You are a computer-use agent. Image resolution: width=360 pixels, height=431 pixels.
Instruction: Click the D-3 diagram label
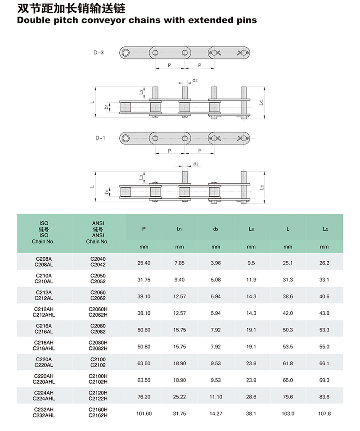coord(99,53)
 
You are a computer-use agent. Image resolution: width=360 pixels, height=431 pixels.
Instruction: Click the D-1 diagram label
coord(100,138)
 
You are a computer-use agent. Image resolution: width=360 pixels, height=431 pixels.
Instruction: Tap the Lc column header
coord(325,229)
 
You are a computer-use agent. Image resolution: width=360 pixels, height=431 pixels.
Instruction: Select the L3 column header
coord(251,229)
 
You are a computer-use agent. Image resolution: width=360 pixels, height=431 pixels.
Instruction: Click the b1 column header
coord(179,229)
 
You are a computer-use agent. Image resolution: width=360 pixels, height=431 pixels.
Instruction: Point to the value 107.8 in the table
coord(324,413)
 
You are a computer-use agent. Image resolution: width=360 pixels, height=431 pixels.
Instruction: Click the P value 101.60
coord(144,413)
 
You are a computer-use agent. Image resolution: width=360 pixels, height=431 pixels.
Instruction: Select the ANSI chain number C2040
coord(98,259)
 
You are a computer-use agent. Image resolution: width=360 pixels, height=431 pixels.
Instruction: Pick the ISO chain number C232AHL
coord(44,415)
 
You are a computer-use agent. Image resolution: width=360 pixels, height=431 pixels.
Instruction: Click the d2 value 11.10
coord(216,397)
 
